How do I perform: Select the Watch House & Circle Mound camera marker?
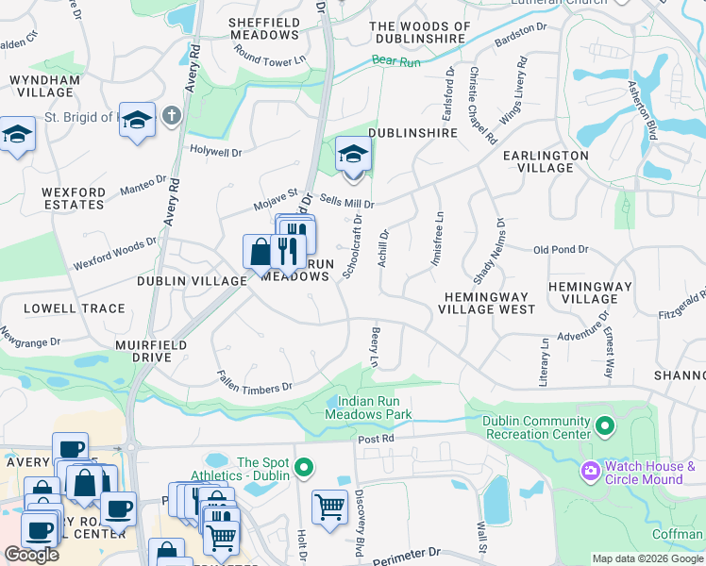click(x=591, y=469)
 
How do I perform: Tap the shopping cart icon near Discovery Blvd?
click(x=329, y=508)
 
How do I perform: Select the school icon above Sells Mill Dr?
click(x=353, y=154)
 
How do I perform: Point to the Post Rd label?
click(x=375, y=440)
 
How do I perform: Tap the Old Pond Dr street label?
click(x=561, y=250)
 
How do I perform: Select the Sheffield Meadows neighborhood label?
click(x=264, y=28)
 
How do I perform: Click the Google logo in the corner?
click(x=31, y=555)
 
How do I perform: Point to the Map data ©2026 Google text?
click(x=647, y=558)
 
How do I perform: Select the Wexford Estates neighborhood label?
click(x=74, y=198)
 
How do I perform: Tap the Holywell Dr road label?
click(x=215, y=151)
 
